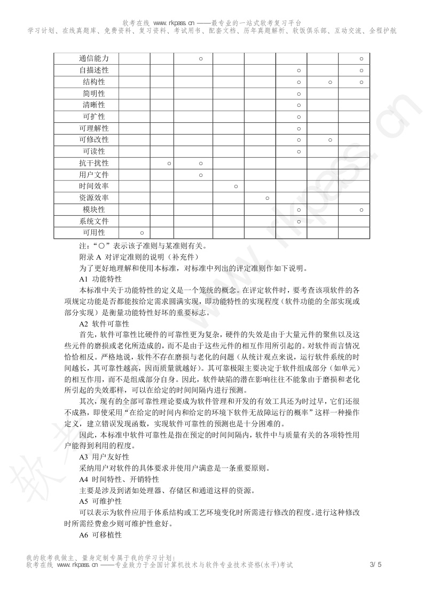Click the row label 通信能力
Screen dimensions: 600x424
click(93, 58)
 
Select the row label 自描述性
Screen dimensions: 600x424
click(93, 70)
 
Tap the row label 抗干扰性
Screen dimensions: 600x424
click(93, 163)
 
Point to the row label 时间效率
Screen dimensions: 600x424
click(93, 186)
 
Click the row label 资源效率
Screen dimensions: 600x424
click(93, 198)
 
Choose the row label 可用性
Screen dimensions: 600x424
click(93, 232)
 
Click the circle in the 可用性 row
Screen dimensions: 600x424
click(142, 233)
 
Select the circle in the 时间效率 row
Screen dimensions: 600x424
click(235, 186)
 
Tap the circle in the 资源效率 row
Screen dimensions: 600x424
click(267, 198)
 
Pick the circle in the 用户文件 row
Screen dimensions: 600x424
click(201, 175)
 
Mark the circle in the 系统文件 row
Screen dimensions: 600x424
click(299, 221)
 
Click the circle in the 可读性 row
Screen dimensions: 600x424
click(299, 152)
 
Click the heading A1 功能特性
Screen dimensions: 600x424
click(100, 279)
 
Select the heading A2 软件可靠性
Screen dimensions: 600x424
click(104, 324)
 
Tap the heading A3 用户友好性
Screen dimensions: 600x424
click(104, 457)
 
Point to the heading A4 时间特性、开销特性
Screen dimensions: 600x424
click(119, 479)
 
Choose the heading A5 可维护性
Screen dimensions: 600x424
click(100, 502)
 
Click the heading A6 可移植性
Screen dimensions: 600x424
click(100, 535)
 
